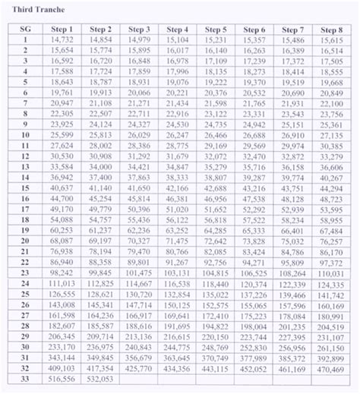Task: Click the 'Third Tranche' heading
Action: click(x=35, y=8)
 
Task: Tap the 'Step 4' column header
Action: click(x=176, y=29)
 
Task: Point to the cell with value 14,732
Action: click(x=62, y=39)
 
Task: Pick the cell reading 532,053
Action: click(x=99, y=377)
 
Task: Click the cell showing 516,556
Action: click(x=62, y=377)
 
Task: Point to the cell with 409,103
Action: click(x=62, y=366)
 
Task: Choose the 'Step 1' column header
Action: click(x=62, y=29)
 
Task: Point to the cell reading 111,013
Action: click(x=62, y=282)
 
